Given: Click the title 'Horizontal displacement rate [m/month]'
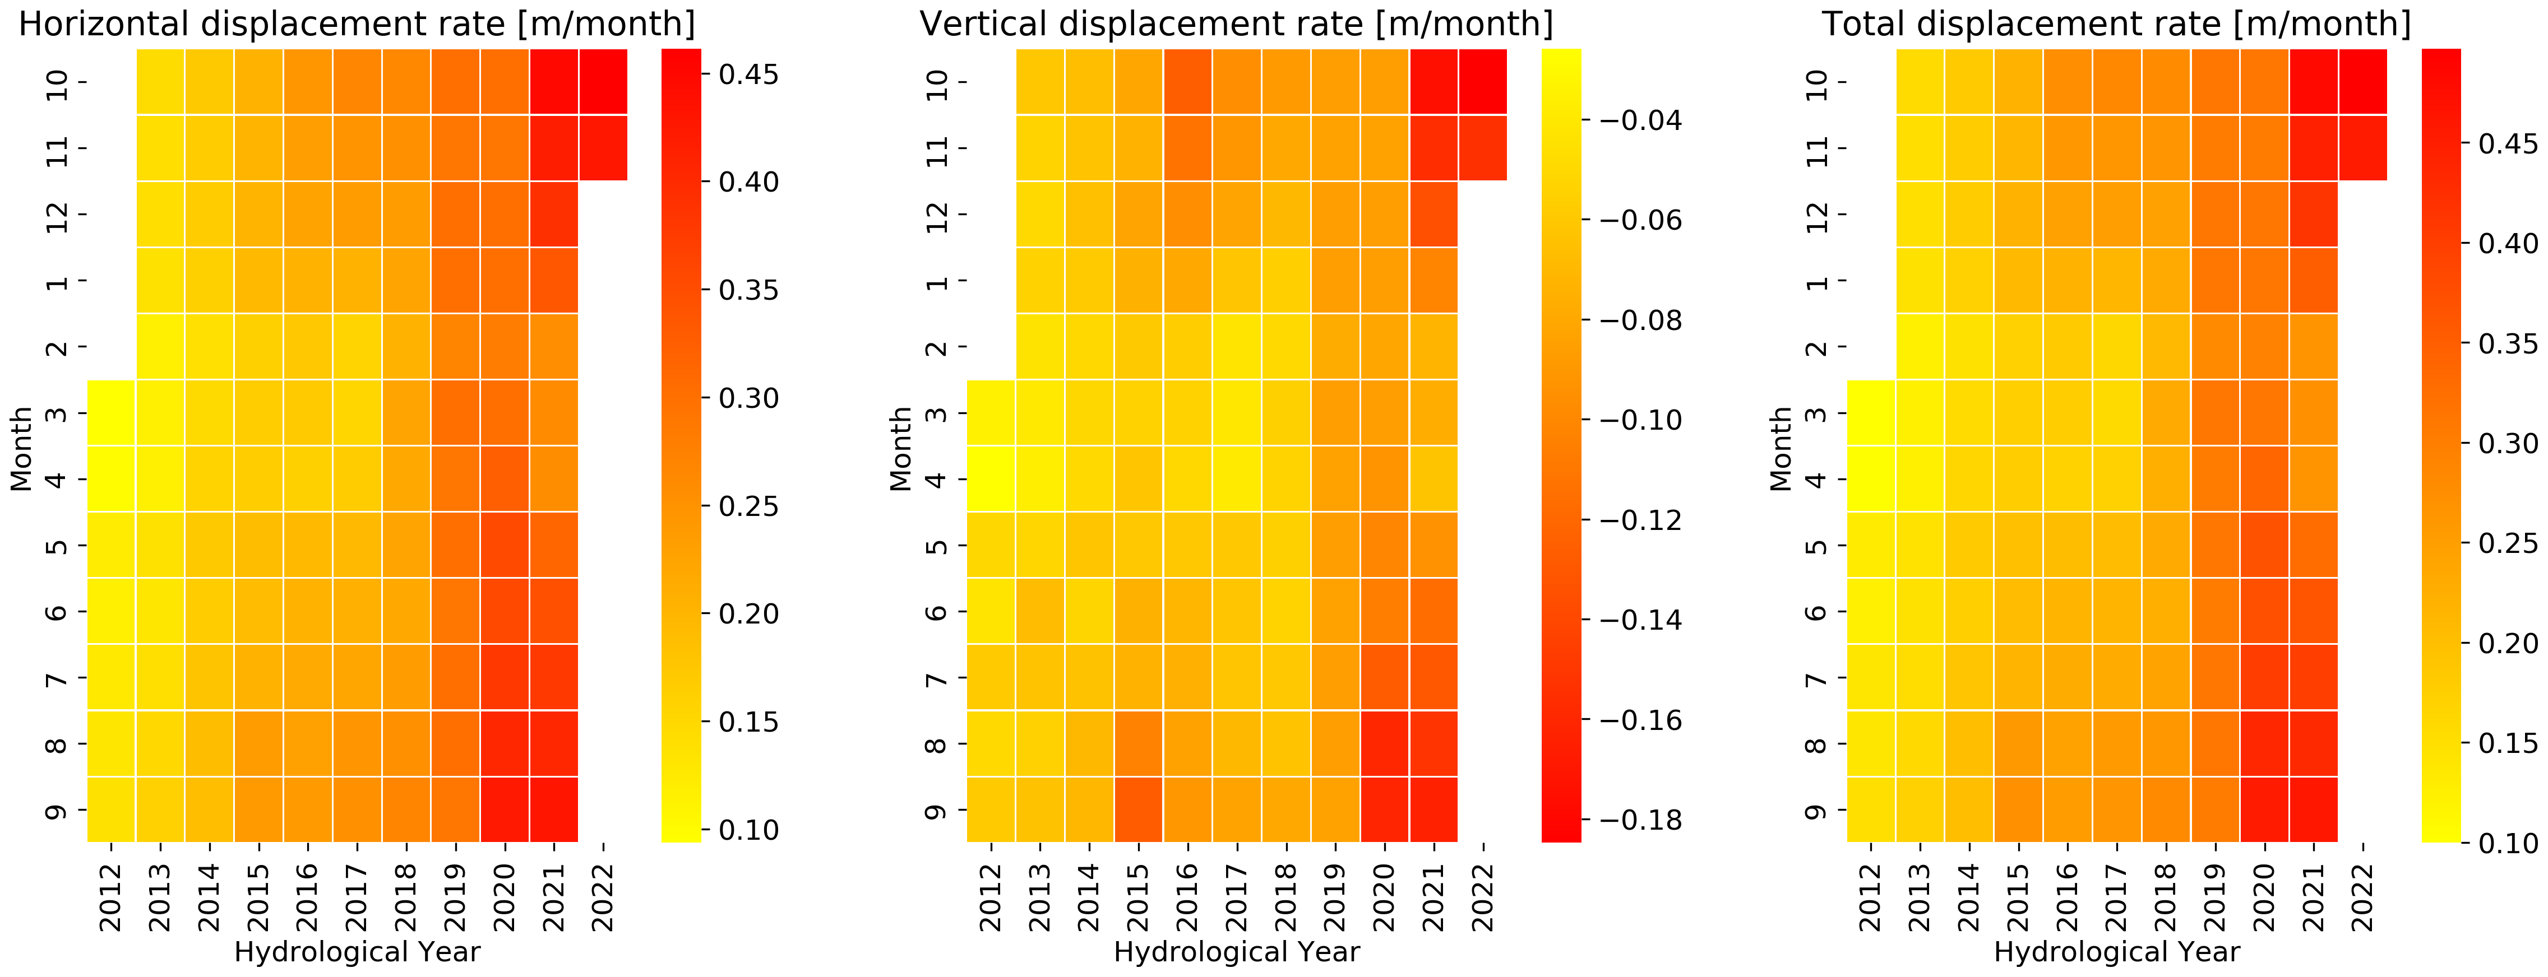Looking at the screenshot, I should (x=356, y=24).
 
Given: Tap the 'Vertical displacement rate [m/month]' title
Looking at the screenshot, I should (x=1236, y=24).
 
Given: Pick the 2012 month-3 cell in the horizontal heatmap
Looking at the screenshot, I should (x=111, y=412).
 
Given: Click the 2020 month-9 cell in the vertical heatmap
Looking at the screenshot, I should (x=1384, y=809).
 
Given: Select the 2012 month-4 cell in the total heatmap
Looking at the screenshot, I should (x=1870, y=478).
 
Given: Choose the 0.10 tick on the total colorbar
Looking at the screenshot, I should (x=2508, y=843).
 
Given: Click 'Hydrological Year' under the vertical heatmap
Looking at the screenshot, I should (x=1236, y=952).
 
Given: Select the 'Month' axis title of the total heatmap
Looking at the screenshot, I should (x=1781, y=448).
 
